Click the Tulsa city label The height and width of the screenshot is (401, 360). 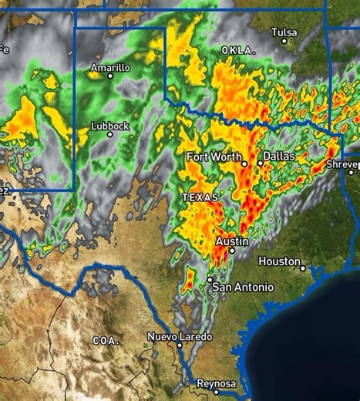point(284,32)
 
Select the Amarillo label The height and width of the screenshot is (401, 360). point(110,68)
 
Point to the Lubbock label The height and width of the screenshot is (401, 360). point(110,126)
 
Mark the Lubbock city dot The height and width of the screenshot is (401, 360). point(109,134)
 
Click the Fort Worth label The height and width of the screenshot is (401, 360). point(214,157)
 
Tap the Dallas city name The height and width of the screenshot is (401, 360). point(279,156)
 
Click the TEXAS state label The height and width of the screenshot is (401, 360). point(200,197)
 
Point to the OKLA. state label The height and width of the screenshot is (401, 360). point(238,50)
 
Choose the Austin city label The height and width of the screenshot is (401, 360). point(232,241)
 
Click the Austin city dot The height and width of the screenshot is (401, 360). point(231,251)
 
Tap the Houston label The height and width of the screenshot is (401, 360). point(279,261)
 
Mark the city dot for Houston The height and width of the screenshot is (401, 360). point(303,269)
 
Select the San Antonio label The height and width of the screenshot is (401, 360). point(243,288)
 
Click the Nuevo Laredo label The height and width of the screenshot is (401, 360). point(180,337)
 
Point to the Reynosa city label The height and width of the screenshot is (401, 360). point(216,383)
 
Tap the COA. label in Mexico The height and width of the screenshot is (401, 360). point(104,340)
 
